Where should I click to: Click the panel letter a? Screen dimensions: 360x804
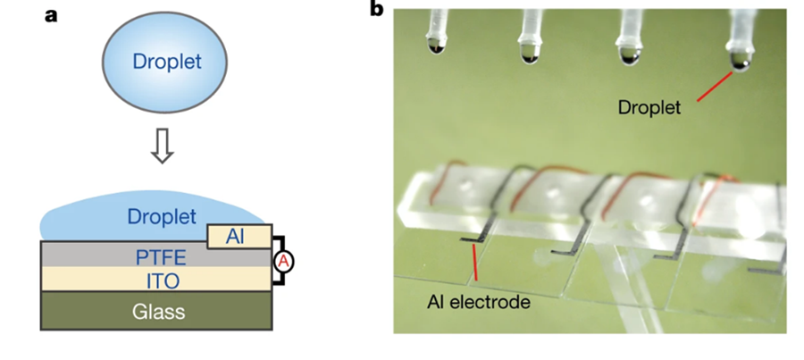[52, 13]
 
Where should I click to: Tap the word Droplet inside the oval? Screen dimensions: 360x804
[166, 63]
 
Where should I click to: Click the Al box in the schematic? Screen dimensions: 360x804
[234, 237]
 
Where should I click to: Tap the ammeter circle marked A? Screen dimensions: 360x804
[285, 261]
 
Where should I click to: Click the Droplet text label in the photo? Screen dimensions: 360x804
[649, 108]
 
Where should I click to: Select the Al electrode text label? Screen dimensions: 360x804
[478, 302]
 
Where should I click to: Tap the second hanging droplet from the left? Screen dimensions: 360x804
[529, 55]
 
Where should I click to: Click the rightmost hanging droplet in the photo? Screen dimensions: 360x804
[740, 61]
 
